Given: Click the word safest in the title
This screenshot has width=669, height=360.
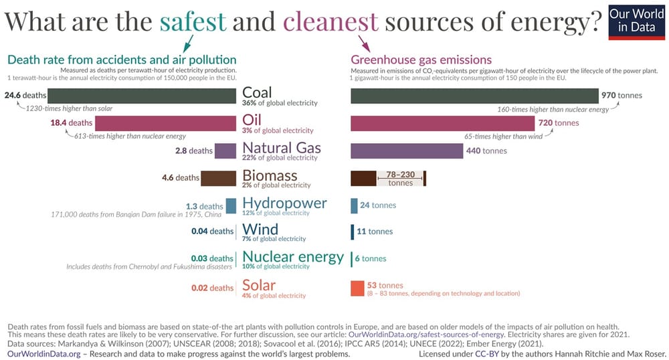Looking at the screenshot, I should pyautogui.click(x=193, y=21).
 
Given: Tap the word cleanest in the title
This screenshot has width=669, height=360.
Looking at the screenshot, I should pyautogui.click(x=330, y=21).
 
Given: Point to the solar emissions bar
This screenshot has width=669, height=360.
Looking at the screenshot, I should pyautogui.click(x=357, y=288).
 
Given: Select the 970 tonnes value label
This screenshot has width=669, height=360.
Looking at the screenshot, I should pyautogui.click(x=622, y=95).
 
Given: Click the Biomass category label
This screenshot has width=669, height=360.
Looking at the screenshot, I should pyautogui.click(x=270, y=176).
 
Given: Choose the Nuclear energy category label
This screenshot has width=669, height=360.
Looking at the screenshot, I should pyautogui.click(x=292, y=257).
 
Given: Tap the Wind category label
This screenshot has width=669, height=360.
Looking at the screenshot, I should pyautogui.click(x=260, y=230).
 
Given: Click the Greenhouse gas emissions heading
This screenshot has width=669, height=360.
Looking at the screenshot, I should pyautogui.click(x=421, y=60).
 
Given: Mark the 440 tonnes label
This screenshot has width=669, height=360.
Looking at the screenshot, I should pyautogui.click(x=487, y=151).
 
